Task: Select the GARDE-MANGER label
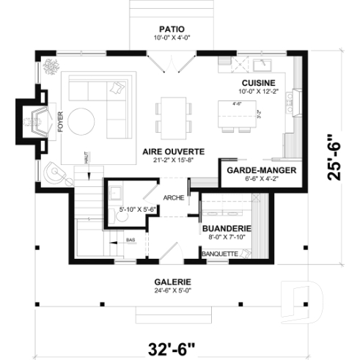point(251,169)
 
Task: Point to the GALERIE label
point(173,281)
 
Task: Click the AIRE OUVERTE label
point(173,150)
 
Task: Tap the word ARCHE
point(174,197)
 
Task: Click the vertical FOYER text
point(62,123)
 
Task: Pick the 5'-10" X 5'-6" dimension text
point(139,210)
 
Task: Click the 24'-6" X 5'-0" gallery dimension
point(173,290)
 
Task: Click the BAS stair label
point(129,239)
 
